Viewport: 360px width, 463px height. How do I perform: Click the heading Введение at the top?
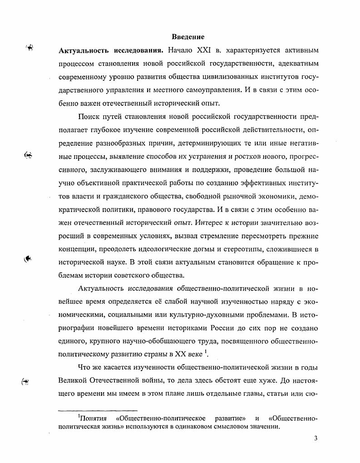[x=188, y=37]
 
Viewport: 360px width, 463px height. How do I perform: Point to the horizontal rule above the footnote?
[x=98, y=410]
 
